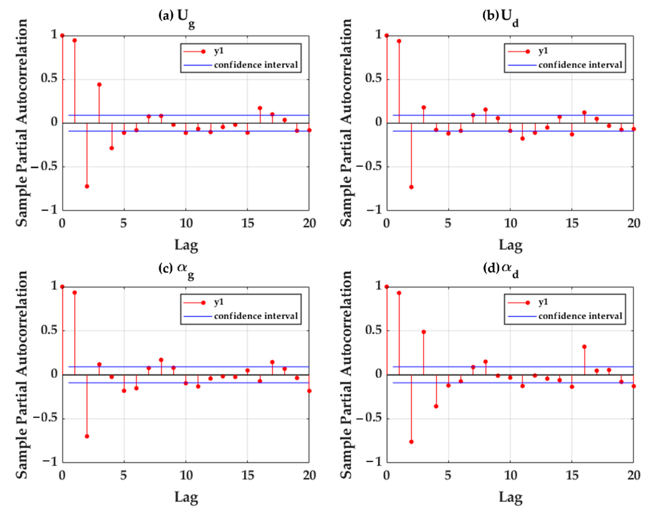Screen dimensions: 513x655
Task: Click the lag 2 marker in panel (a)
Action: [x=87, y=186]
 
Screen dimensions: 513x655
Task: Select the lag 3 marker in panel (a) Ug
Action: [x=99, y=84]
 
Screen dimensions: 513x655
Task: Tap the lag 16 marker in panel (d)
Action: [x=585, y=347]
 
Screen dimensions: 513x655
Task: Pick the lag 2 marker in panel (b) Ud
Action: [x=411, y=187]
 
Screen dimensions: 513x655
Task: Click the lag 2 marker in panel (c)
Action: [x=87, y=436]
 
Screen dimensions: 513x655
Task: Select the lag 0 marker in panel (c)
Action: [x=62, y=287]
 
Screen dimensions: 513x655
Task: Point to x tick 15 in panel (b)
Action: [x=572, y=223]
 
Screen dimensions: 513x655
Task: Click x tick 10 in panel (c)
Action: [x=186, y=475]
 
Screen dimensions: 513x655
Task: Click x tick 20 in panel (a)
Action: [x=309, y=223]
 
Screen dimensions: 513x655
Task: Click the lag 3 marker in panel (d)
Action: [x=424, y=332]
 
